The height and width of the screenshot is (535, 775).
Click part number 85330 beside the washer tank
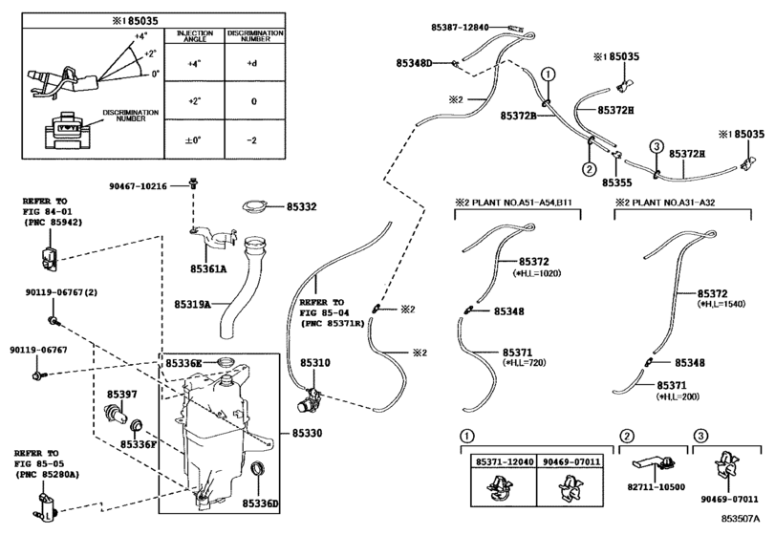coord(307,433)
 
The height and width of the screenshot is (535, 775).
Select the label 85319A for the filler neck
coord(192,305)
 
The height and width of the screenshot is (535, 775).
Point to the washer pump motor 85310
coord(310,398)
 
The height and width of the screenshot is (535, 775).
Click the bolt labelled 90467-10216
coord(193,182)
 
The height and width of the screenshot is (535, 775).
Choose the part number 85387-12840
coord(460,28)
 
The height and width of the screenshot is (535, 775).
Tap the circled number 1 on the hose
coord(549,75)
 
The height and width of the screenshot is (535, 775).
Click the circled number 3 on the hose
coord(656,147)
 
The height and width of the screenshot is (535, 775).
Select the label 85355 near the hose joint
coord(616,182)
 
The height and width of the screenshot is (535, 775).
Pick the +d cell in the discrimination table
coord(252,63)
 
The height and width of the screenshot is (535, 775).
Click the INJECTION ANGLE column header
coord(195,35)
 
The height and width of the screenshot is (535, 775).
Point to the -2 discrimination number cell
coord(252,140)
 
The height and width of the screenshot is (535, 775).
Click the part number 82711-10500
coord(657,487)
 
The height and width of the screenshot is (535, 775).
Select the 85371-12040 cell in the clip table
coord(505,461)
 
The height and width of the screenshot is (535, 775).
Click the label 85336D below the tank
coord(261,503)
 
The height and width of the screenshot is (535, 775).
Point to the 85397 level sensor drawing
coord(116,413)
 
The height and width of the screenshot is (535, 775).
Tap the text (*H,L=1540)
coord(721,305)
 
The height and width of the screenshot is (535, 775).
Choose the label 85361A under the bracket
coord(208,269)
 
